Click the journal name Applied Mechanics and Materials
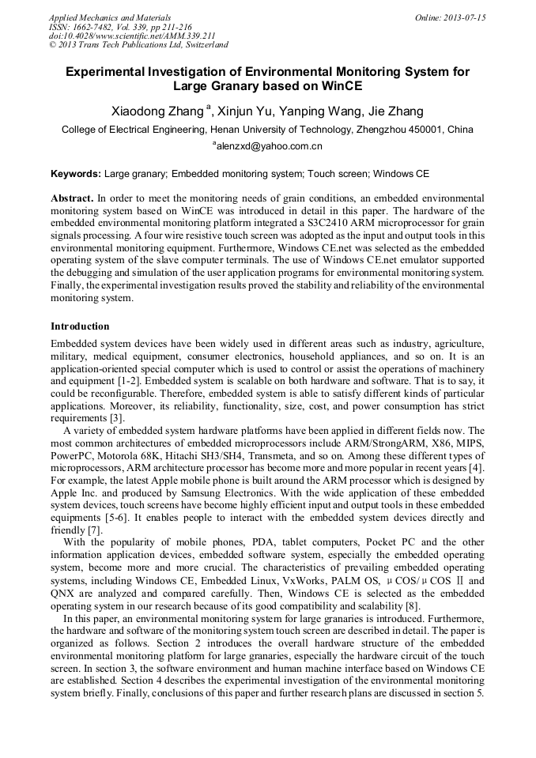coord(110,17)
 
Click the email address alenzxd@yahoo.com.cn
coord(269,146)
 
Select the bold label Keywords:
coord(76,172)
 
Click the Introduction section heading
coord(80,326)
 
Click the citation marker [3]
coord(117,417)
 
